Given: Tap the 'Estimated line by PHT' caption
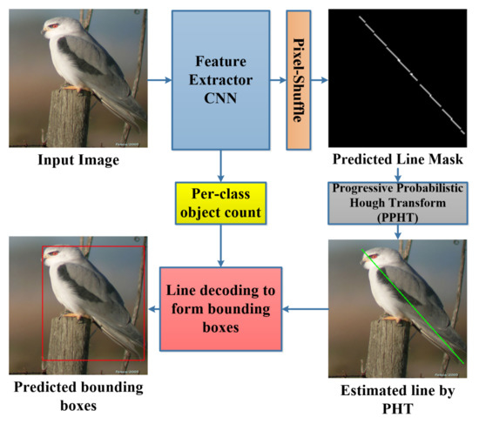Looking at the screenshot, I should click(x=398, y=394).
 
